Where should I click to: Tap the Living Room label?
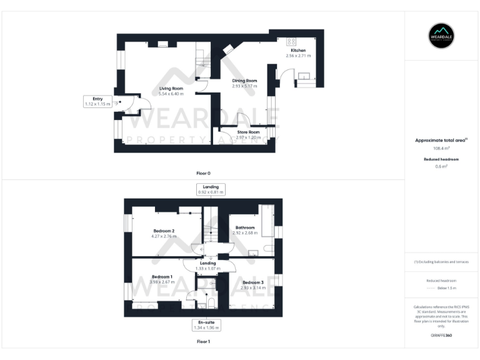(171, 88)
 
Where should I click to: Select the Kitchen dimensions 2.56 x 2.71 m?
(297, 56)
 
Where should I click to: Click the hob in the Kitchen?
(291, 41)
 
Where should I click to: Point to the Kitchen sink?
(305, 77)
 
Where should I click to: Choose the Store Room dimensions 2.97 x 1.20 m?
(248, 137)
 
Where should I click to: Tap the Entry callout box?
(97, 101)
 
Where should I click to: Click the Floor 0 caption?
(202, 172)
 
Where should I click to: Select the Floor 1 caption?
(202, 342)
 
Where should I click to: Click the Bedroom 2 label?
(164, 231)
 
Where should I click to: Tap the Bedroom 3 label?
(253, 282)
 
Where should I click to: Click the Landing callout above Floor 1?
(211, 189)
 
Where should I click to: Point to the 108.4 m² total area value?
(441, 148)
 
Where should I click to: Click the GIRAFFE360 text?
(441, 336)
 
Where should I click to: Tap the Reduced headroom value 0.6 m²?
(441, 166)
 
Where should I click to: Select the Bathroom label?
(245, 227)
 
